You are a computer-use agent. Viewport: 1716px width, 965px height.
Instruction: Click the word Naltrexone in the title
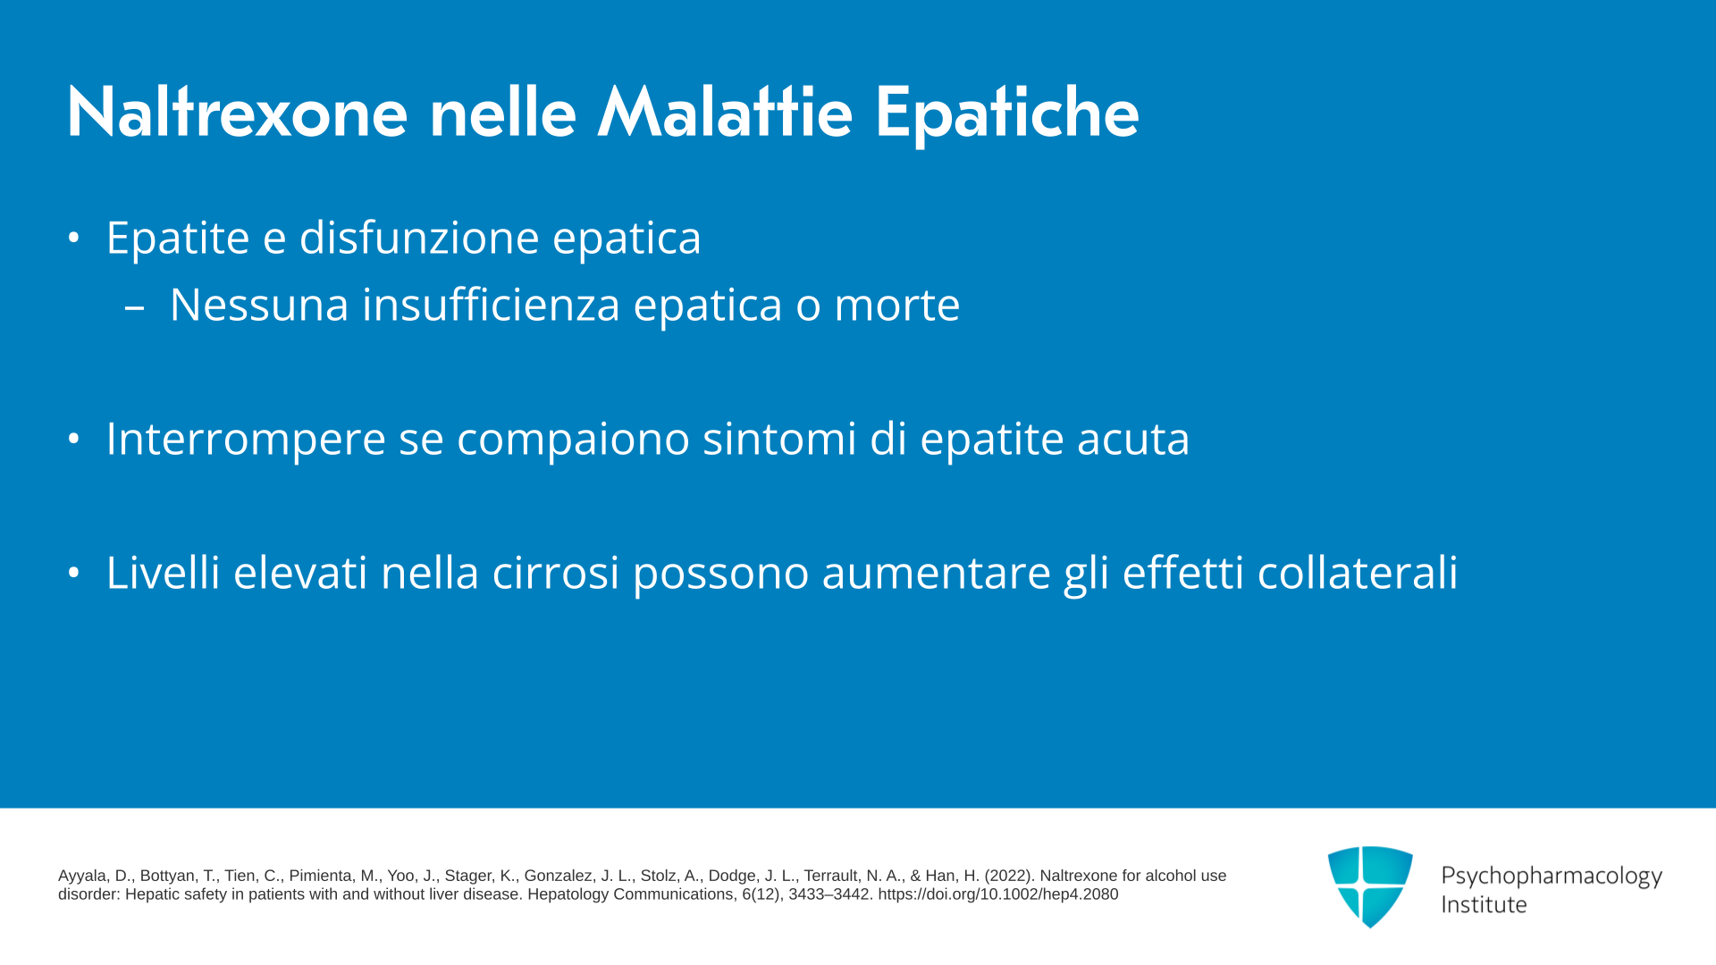pyautogui.click(x=238, y=113)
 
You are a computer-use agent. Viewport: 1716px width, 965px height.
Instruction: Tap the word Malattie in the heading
pyautogui.click(x=725, y=113)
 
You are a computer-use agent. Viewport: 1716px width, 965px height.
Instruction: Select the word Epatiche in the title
pyautogui.click(x=1007, y=114)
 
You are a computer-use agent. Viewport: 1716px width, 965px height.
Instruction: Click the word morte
pyautogui.click(x=896, y=305)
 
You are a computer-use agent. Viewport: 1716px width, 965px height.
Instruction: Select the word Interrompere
pyautogui.click(x=246, y=440)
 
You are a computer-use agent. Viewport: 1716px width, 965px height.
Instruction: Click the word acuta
pyautogui.click(x=1133, y=439)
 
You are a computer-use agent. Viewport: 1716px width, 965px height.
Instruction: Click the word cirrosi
pyautogui.click(x=555, y=572)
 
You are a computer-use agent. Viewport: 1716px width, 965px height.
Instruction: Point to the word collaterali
pyautogui.click(x=1358, y=572)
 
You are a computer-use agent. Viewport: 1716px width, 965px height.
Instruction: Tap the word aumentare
pyautogui.click(x=936, y=574)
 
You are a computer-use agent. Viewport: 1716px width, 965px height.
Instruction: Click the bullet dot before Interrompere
pyautogui.click(x=74, y=438)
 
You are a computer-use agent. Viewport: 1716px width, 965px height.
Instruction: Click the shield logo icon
pyautogui.click(x=1370, y=886)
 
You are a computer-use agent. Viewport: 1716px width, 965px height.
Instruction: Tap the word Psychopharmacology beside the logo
pyautogui.click(x=1552, y=877)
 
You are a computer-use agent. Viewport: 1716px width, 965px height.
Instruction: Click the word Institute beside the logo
pyautogui.click(x=1484, y=904)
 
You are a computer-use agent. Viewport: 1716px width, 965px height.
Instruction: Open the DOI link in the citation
pyautogui.click(x=998, y=894)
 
